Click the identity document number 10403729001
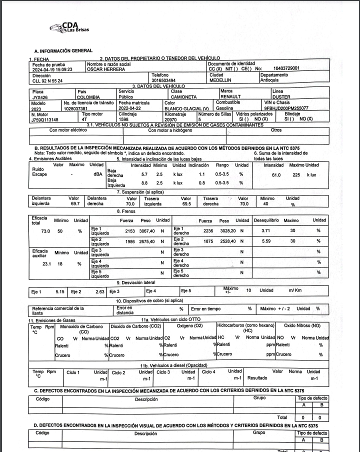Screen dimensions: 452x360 pos(286,68)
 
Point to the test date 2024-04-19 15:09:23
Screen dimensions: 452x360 pos(53,69)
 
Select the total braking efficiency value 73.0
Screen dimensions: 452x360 pos(45,231)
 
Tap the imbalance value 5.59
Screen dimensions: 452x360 pos(265,241)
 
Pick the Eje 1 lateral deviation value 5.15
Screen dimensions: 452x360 pos(60,290)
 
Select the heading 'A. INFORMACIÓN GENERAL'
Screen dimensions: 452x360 pos(63,50)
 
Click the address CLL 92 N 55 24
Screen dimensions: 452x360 pos(47,80)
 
